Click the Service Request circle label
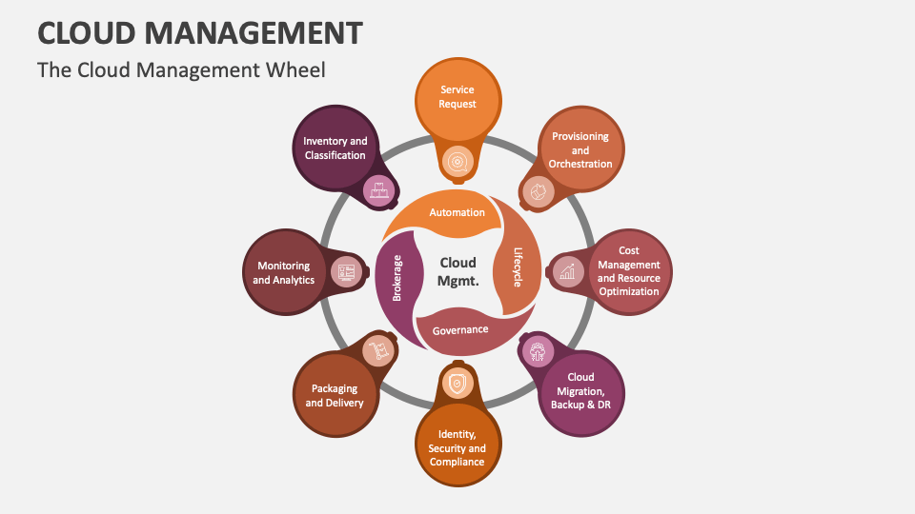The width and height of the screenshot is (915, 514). tap(457, 96)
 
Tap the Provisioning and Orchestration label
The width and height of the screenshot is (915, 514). tap(580, 150)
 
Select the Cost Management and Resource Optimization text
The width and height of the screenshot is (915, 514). tap(629, 271)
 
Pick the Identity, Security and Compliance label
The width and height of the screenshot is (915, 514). tap(457, 447)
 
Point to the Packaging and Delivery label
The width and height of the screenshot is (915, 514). tap(335, 395)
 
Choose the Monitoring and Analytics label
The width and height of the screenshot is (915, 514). tap(283, 273)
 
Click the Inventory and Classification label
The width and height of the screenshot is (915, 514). tap(335, 148)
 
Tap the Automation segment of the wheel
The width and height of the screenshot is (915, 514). tap(457, 212)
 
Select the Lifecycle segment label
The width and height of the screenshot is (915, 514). tap(518, 267)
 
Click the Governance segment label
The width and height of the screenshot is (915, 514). tap(460, 330)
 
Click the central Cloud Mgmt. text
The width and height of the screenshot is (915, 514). tap(457, 271)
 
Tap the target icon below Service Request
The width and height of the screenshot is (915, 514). tap(457, 162)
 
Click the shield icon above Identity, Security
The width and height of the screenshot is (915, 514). tap(457, 382)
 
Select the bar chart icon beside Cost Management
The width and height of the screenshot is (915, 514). tap(568, 271)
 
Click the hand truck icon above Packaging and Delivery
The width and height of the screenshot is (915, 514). tap(378, 350)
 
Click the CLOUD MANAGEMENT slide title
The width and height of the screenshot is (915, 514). tap(200, 32)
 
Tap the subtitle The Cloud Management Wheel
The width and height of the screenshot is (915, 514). tap(181, 69)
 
